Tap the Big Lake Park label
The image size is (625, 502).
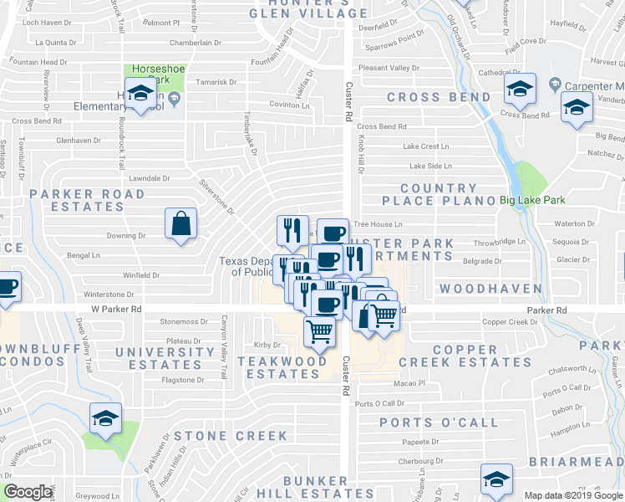pyautogui.click(x=532, y=200)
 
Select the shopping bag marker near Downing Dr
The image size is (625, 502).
pyautogui.click(x=180, y=223)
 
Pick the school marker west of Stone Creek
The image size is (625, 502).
pyautogui.click(x=106, y=417)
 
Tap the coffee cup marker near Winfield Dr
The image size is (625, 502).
pyautogui.click(x=7, y=287)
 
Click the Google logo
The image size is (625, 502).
pyautogui.click(x=28, y=492)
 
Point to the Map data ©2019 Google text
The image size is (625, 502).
pyautogui.click(x=572, y=495)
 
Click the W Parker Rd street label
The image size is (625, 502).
pyautogui.click(x=116, y=309)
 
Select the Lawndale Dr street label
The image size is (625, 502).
pyautogui.click(x=150, y=178)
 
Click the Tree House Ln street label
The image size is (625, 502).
pyautogui.click(x=378, y=224)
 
